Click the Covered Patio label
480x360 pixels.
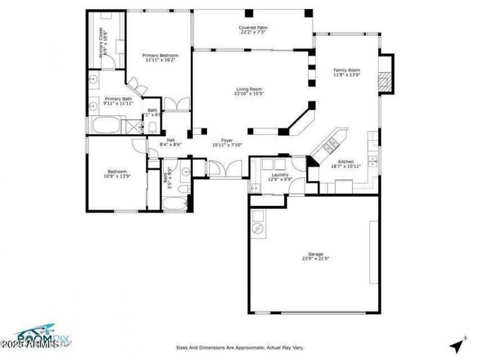[253, 28]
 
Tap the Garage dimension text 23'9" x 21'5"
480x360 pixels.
[315, 259]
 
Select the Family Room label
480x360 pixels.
[346, 70]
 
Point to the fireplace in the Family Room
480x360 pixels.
[386, 75]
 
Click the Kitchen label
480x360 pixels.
[346, 162]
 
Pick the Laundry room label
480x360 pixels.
[280, 175]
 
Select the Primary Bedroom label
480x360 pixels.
[157, 56]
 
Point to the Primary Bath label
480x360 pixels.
[118, 99]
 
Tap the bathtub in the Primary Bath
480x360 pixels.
[105, 125]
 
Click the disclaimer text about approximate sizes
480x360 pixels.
[239, 347]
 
